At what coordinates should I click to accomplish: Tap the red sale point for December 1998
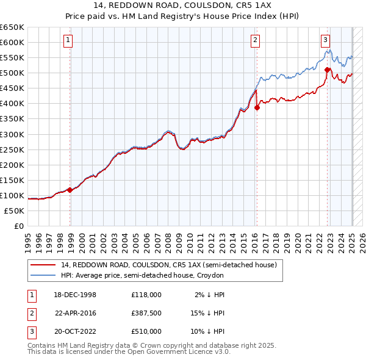point(70,190)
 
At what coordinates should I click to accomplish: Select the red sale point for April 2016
point(257,107)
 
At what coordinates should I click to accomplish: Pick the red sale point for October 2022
point(328,70)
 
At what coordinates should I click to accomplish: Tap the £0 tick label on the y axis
point(18,226)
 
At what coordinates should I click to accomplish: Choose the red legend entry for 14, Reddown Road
point(168,265)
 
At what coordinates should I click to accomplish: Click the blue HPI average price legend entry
point(142,275)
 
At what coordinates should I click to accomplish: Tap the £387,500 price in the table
point(146,312)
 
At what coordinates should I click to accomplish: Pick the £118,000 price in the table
point(146,294)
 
